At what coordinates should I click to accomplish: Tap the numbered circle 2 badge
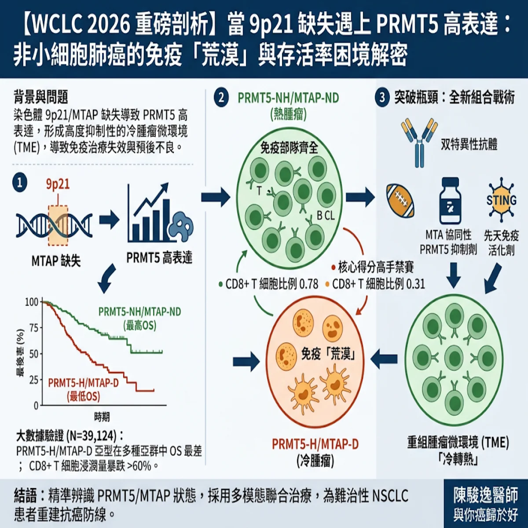(221, 98)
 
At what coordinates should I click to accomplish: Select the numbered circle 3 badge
(382, 98)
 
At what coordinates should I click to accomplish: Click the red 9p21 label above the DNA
(58, 184)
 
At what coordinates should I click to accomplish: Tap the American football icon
(400, 201)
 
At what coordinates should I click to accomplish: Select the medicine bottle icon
(451, 201)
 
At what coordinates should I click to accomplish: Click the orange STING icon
(502, 200)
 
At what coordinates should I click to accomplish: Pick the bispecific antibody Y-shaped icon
(419, 143)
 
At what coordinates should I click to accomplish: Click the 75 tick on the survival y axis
(34, 328)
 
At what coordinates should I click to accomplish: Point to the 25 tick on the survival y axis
(34, 380)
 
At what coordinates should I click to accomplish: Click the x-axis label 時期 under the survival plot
(102, 417)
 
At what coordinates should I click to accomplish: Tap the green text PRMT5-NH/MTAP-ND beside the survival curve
(140, 312)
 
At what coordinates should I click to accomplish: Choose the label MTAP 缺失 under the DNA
(56, 261)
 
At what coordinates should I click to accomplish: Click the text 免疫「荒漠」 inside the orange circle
(329, 354)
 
